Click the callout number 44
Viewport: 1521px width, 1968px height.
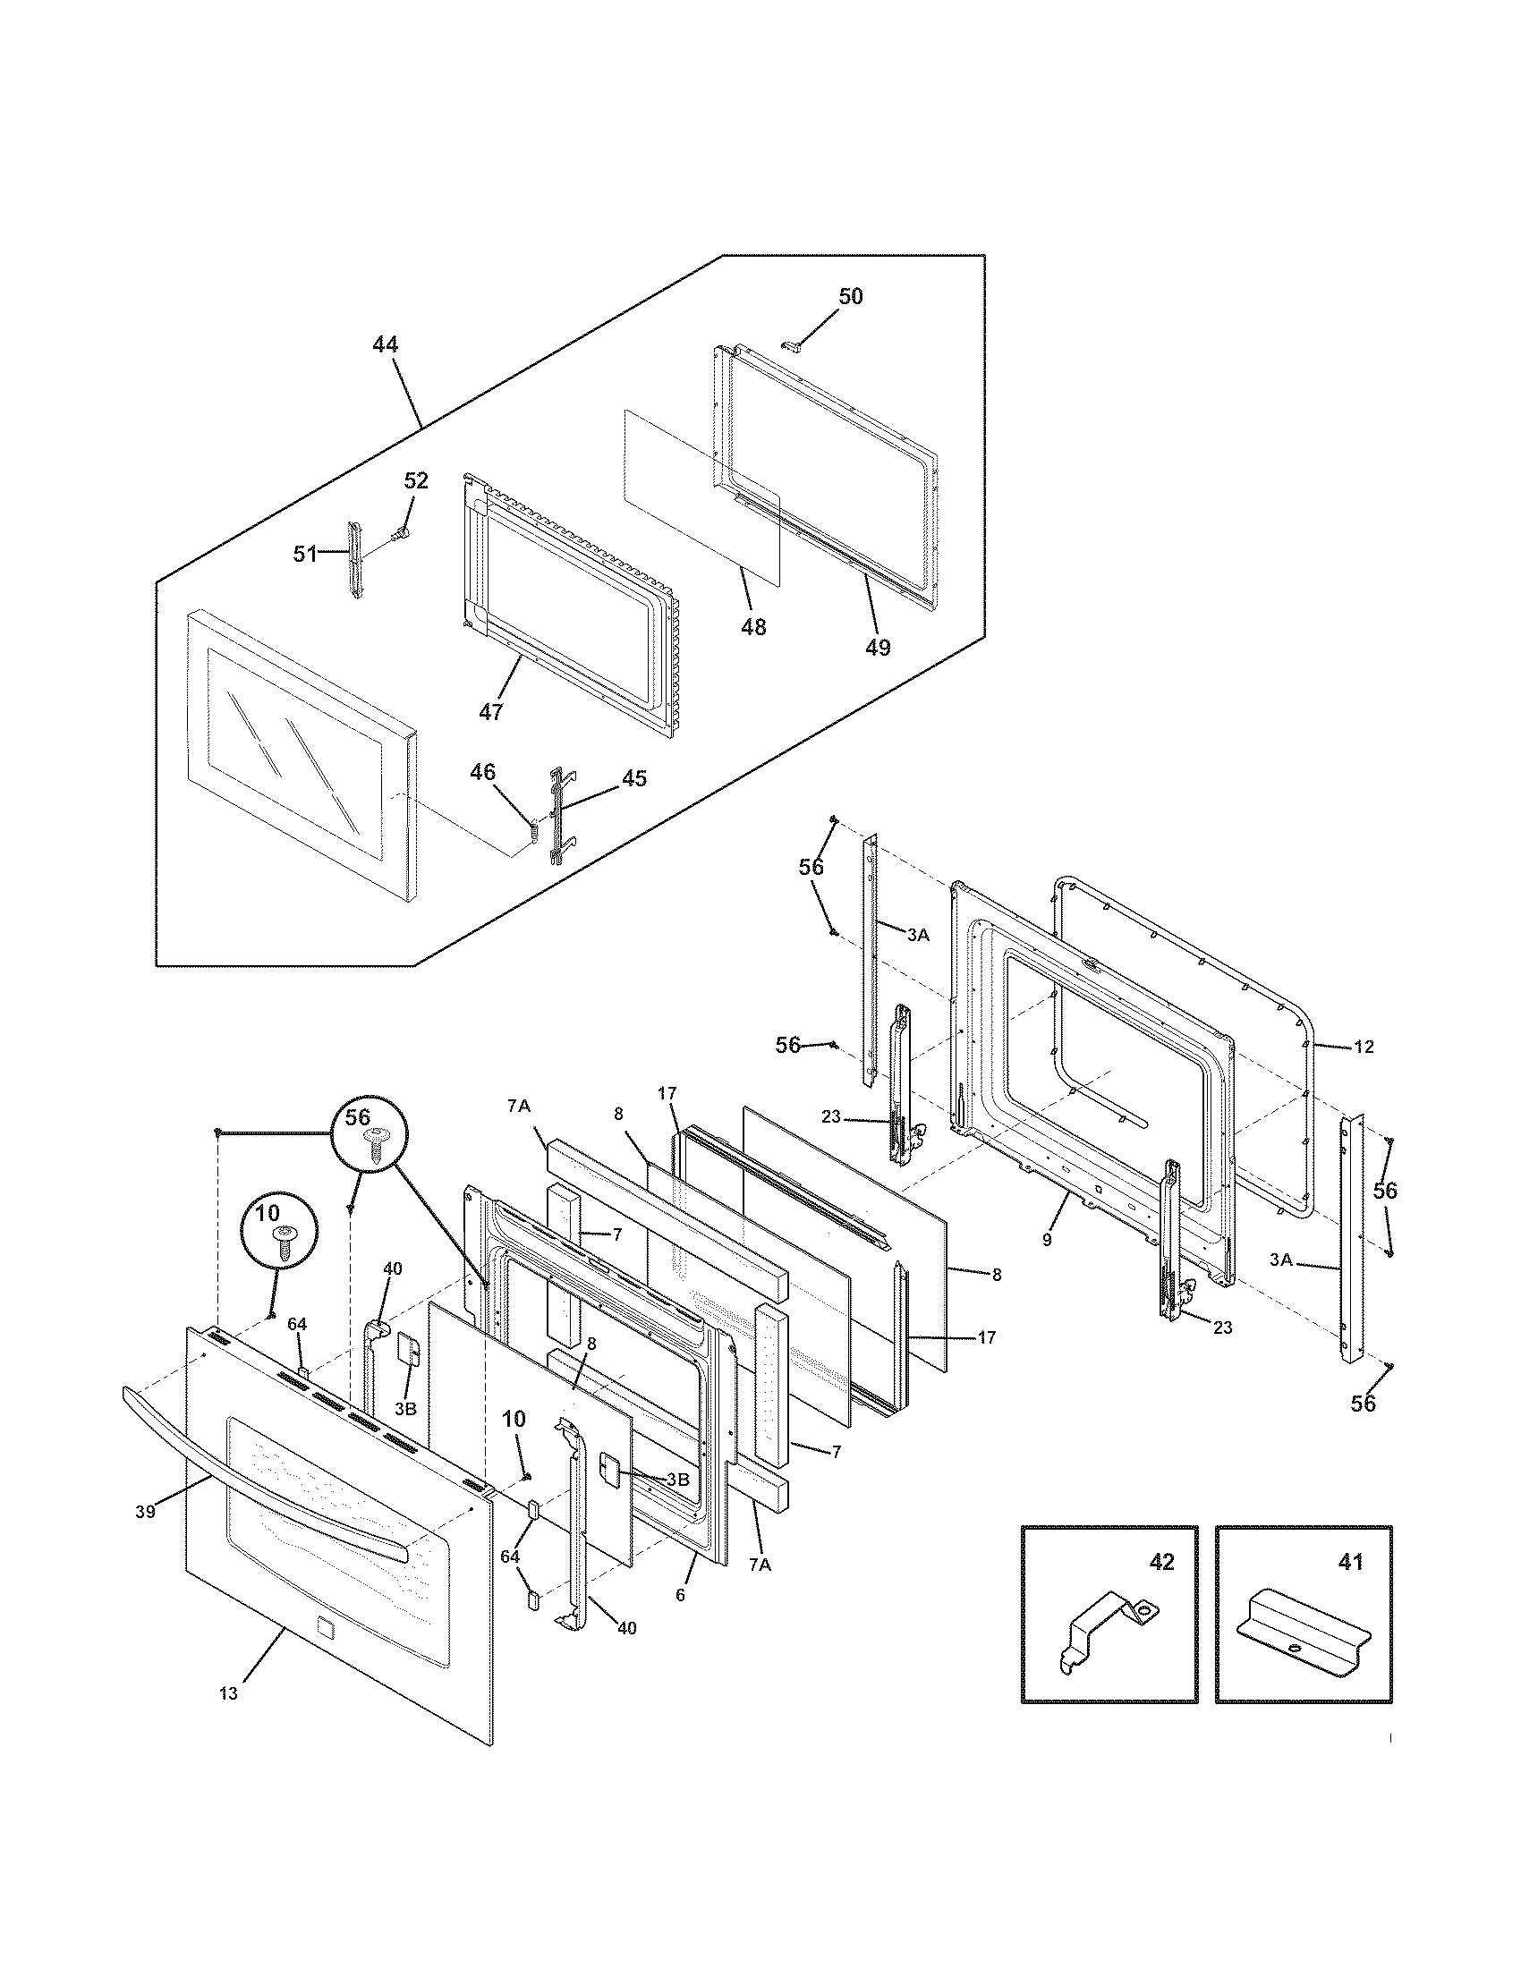point(385,345)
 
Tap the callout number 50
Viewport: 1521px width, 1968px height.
point(850,296)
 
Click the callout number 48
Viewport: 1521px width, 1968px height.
point(753,627)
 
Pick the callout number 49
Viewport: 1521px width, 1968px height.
point(877,647)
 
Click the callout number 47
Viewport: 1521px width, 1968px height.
point(490,712)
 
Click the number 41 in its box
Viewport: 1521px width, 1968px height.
point(1350,1562)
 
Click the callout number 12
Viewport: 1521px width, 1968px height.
point(1364,1048)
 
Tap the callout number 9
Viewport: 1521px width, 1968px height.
point(1047,1240)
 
